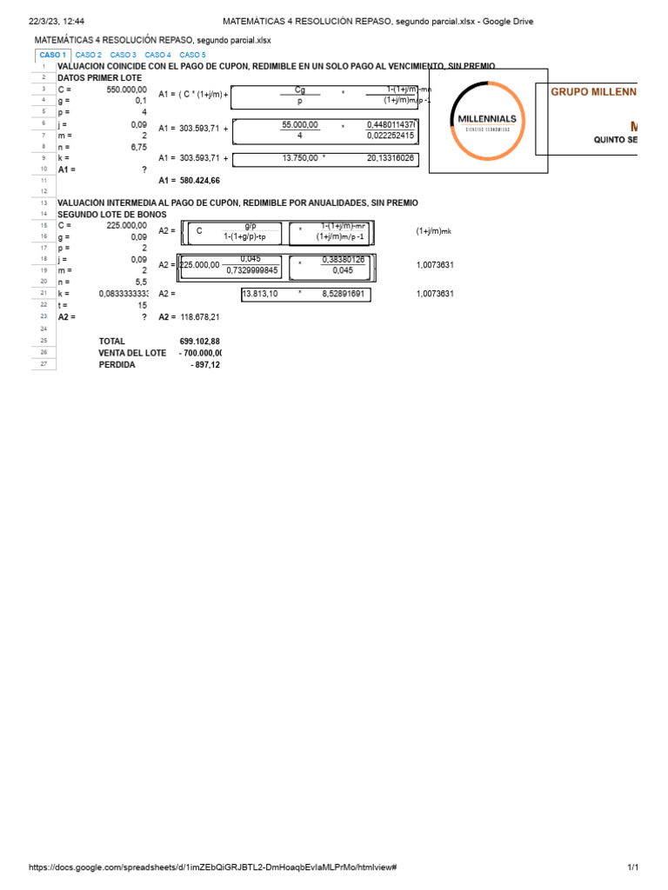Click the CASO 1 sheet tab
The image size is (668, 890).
52,55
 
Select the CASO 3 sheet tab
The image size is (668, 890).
124,55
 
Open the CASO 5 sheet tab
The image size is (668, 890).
192,55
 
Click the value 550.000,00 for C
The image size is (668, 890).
126,90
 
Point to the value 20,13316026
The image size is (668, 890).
391,158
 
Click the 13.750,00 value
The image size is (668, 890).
300,158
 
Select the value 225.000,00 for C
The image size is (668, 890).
126,226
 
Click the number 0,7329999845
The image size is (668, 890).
252,270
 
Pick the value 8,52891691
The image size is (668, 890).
343,294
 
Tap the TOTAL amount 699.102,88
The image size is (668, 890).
199,342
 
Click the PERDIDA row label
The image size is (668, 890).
117,365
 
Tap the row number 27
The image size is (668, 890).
43,365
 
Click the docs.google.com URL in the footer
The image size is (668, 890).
213,868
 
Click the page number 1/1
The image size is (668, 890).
632,868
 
